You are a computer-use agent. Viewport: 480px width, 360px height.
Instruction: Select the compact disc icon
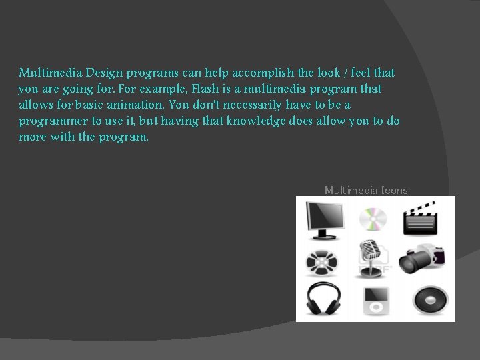373,219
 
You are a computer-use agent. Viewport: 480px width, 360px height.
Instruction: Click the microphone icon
373,257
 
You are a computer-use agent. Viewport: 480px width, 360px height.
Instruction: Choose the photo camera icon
421,259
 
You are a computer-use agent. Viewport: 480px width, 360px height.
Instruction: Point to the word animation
135,105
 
